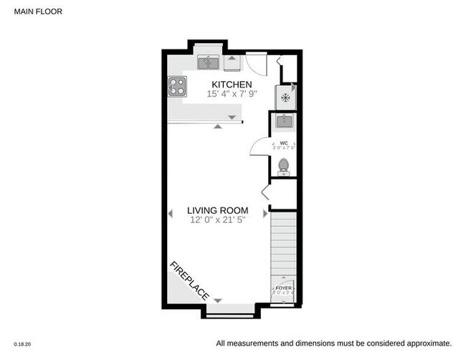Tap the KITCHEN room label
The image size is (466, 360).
(227, 85)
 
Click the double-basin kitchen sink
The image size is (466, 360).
(209, 63)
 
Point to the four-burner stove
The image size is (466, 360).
(177, 86)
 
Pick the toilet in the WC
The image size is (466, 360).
(284, 166)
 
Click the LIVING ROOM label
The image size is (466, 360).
(217, 211)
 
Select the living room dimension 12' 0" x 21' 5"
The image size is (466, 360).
(217, 220)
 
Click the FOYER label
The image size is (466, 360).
(284, 287)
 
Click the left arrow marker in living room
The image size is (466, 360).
(171, 213)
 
